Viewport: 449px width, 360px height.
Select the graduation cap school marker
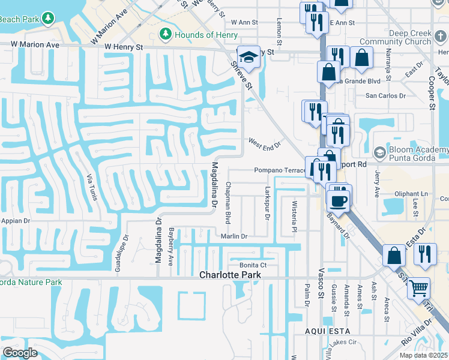pyautogui.click(x=248, y=58)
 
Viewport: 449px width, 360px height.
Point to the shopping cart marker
pyautogui.click(x=418, y=289)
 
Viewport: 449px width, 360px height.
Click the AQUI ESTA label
pyautogui.click(x=327, y=331)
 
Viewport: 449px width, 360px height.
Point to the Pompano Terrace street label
pyautogui.click(x=280, y=170)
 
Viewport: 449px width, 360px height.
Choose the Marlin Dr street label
pyautogui.click(x=234, y=236)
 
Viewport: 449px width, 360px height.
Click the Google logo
pyautogui.click(x=20, y=353)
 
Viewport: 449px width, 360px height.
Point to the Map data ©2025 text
pyautogui.click(x=423, y=355)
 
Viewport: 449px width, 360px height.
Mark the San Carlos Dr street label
pyautogui.click(x=386, y=95)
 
